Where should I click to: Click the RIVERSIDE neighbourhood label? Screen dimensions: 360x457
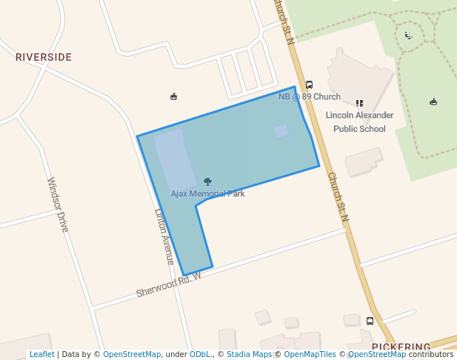click(x=44, y=57)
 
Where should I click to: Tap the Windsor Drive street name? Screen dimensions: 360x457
click(x=58, y=204)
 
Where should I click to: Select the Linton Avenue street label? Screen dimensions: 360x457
click(x=164, y=236)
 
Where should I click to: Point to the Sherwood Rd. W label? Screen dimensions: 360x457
click(x=168, y=284)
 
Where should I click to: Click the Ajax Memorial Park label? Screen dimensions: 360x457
click(x=207, y=194)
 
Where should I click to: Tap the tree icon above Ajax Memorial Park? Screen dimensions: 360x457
click(x=207, y=181)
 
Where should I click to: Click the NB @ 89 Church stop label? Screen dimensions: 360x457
click(x=309, y=97)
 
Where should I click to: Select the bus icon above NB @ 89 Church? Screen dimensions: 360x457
click(x=309, y=85)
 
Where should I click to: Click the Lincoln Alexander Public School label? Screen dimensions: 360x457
click(x=359, y=122)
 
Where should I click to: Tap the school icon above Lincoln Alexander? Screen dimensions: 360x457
click(x=359, y=104)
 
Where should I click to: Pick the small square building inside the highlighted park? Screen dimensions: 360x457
click(x=281, y=131)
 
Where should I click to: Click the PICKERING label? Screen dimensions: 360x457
click(x=401, y=347)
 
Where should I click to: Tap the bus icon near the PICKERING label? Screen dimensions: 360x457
click(x=370, y=321)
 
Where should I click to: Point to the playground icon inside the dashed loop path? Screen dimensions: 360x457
click(x=408, y=35)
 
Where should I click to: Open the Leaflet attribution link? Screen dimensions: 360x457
click(x=41, y=355)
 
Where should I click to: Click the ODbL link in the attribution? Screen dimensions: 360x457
click(x=200, y=355)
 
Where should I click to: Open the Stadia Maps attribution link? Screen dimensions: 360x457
click(x=249, y=355)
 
